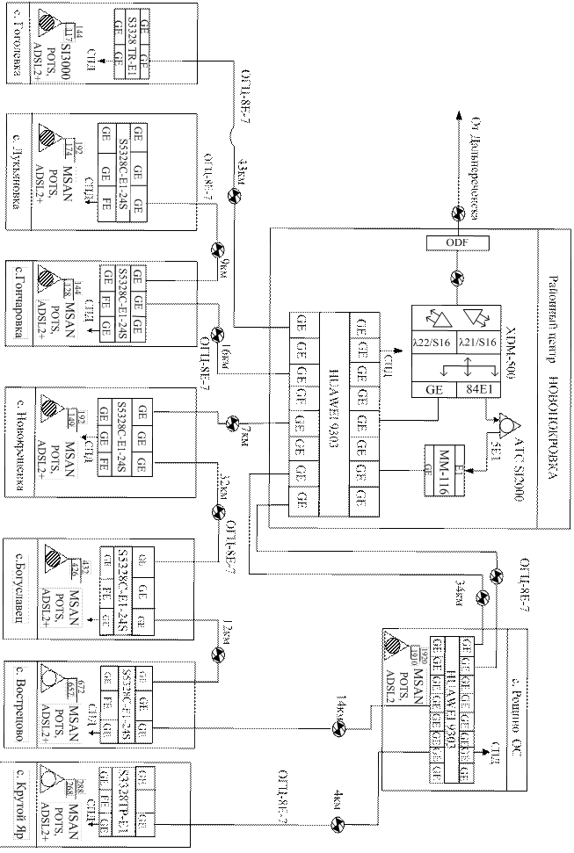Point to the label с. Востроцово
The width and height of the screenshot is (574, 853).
tap(20, 704)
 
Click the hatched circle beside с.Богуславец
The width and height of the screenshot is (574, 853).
tap(54, 558)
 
